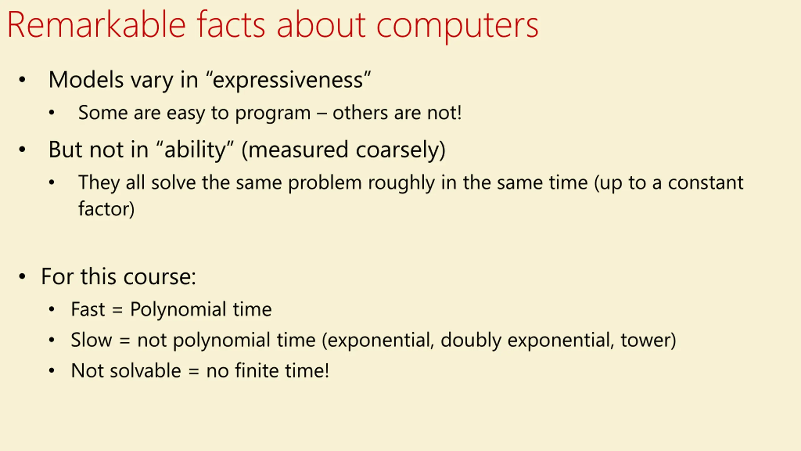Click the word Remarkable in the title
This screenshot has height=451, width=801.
97,25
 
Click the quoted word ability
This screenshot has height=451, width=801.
195,150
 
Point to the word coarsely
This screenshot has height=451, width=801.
397,150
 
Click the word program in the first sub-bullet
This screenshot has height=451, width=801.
273,113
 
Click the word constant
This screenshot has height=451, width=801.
706,183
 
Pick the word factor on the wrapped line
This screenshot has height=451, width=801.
104,209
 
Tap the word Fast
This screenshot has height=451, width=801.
88,309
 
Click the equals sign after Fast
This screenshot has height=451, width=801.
117,310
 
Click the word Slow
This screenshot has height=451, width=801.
91,340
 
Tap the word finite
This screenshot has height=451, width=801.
257,371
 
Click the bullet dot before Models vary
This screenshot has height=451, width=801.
22,80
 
